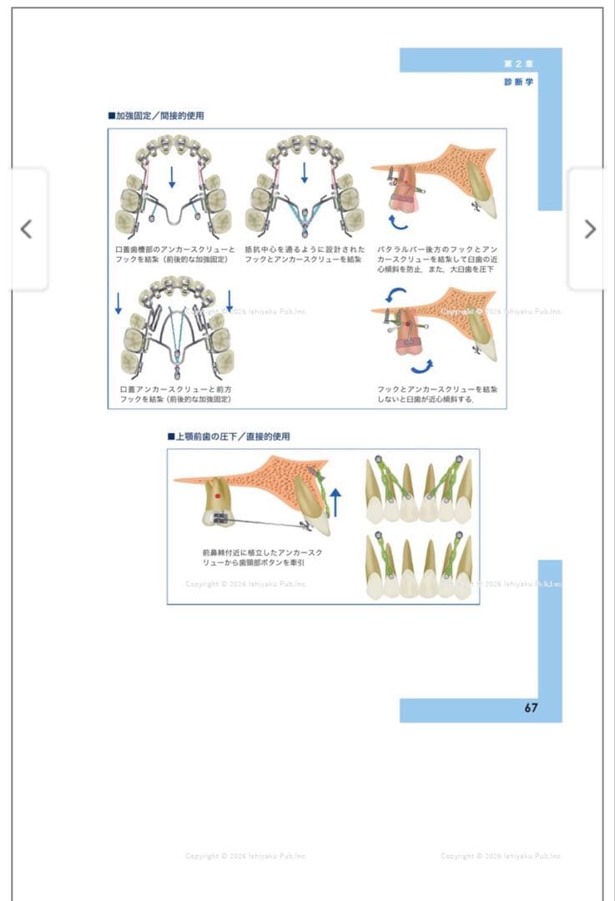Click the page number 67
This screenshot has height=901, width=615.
[x=531, y=708]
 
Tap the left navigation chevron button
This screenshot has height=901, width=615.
[x=27, y=229]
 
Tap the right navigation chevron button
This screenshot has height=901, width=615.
[x=589, y=229]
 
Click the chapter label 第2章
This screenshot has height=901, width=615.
[x=518, y=64]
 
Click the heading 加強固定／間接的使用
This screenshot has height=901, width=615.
[x=156, y=116]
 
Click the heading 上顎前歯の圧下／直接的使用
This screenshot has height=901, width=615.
[x=229, y=436]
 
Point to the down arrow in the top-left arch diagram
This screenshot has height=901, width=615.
[x=172, y=176]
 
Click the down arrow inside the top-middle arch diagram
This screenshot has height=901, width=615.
[x=304, y=173]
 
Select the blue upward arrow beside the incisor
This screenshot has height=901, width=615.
[x=335, y=503]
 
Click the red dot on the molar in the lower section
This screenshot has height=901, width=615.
[x=218, y=496]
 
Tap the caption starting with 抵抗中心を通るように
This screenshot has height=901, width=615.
[x=304, y=254]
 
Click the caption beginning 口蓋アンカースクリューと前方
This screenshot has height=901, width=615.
[x=175, y=395]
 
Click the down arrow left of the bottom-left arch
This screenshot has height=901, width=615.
[x=118, y=302]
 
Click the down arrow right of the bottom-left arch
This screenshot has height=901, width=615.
[x=229, y=301]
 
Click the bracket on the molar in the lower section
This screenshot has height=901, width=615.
[x=220, y=518]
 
